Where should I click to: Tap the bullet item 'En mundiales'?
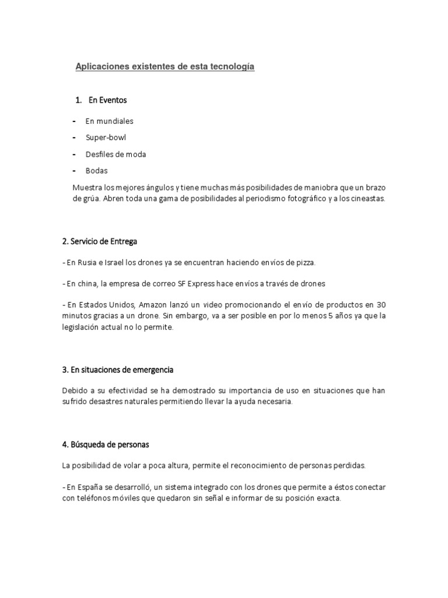(109, 121)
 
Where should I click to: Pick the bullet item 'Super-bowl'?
(106, 138)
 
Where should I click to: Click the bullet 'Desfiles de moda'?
(116, 154)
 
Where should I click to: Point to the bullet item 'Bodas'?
(96, 171)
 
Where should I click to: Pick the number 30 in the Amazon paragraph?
(381, 305)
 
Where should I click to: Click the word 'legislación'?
(82, 328)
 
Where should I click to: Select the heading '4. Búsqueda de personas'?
(105, 444)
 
